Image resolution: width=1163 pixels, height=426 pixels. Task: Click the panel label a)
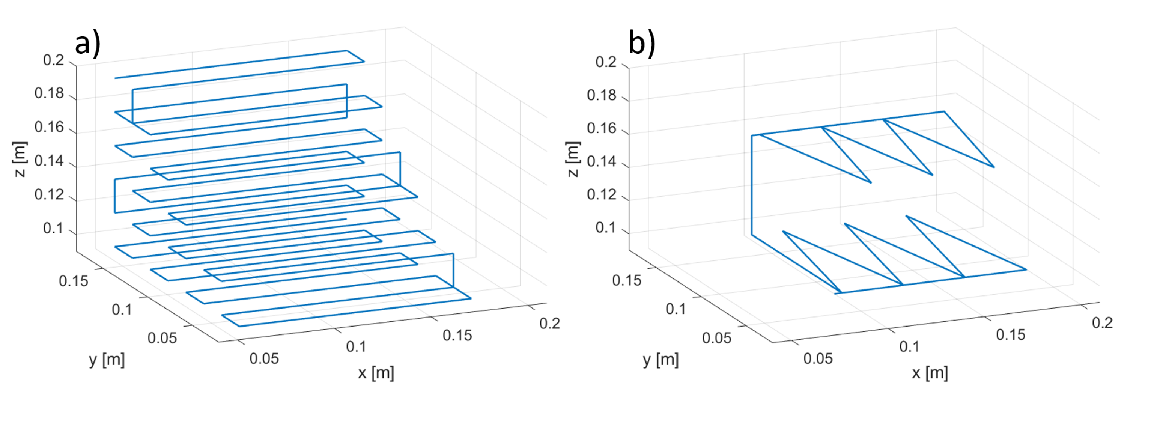(x=87, y=44)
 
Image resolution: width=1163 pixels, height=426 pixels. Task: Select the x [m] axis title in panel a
(x=376, y=373)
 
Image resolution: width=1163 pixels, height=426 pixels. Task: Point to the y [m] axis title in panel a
(x=107, y=360)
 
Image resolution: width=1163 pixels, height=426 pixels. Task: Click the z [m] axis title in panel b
(x=572, y=159)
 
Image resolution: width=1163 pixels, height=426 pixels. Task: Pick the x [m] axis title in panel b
(x=930, y=373)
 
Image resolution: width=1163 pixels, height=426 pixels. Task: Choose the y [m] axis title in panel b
(x=660, y=360)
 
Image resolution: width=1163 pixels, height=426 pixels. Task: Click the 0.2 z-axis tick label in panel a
(x=53, y=60)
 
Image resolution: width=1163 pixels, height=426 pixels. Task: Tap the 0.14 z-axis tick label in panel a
(x=49, y=161)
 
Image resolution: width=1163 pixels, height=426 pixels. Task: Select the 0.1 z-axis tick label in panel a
(x=53, y=228)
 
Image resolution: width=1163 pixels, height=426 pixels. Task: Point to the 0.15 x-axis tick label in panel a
(x=457, y=335)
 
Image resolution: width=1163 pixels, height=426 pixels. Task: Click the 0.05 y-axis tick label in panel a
(x=162, y=338)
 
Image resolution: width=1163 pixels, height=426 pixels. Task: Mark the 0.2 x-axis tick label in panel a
(x=549, y=323)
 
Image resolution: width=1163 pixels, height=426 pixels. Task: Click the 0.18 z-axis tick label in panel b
(x=601, y=95)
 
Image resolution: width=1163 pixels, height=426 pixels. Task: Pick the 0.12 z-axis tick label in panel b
(x=601, y=195)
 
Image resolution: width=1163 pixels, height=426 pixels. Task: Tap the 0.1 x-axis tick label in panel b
(x=909, y=346)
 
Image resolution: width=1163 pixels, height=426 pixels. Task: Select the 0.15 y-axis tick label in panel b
(x=627, y=280)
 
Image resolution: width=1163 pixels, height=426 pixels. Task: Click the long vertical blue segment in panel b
(x=752, y=185)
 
